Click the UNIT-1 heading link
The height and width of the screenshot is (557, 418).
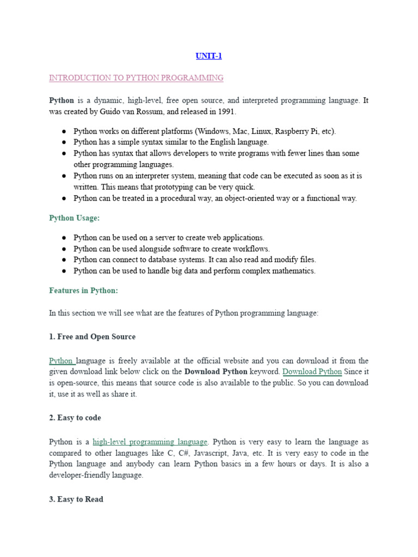[x=209, y=55]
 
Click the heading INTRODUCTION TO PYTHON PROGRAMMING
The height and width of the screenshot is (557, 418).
[x=136, y=78]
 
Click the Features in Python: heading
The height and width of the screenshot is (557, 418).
[x=83, y=290]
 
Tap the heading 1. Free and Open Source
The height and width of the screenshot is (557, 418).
[x=92, y=337]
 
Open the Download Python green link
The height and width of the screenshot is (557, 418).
[x=312, y=372]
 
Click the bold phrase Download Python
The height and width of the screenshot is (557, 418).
[x=216, y=372]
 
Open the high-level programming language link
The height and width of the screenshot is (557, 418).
[x=150, y=442]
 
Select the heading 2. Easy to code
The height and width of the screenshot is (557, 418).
[x=75, y=418]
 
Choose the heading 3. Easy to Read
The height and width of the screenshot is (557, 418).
[x=76, y=499]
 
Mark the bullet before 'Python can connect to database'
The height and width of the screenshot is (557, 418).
[x=64, y=259]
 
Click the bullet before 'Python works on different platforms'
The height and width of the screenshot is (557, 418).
[x=64, y=131]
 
